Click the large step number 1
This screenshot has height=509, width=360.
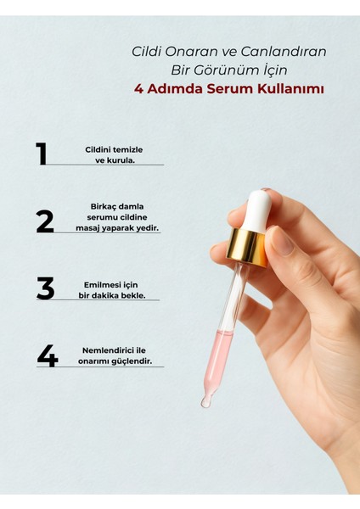pyautogui.click(x=42, y=154)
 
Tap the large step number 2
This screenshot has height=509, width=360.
pyautogui.click(x=45, y=221)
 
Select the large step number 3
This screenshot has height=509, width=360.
pyautogui.click(x=46, y=288)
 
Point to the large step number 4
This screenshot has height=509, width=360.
pyautogui.click(x=48, y=355)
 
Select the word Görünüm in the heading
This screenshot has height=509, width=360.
pyautogui.click(x=231, y=70)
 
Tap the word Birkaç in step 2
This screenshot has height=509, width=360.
pyautogui.click(x=104, y=207)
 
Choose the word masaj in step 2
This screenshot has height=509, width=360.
pyautogui.click(x=87, y=228)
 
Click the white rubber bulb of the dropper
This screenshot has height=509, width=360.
pyautogui.click(x=257, y=211)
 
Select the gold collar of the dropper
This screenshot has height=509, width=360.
pyautogui.click(x=247, y=246)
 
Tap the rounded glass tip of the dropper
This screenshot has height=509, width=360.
pyautogui.click(x=206, y=401)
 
